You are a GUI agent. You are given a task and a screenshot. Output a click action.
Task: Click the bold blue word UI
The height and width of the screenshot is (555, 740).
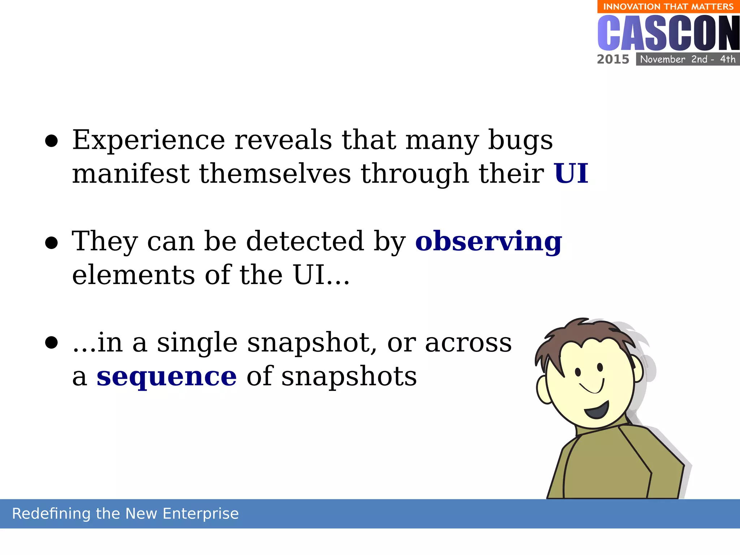point(571,174)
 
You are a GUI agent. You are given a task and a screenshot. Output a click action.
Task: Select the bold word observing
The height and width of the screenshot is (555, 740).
point(489,242)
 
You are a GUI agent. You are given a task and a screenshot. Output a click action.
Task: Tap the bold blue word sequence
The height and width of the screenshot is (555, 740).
point(167,377)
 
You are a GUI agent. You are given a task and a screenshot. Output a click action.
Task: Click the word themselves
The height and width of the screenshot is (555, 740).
point(275,174)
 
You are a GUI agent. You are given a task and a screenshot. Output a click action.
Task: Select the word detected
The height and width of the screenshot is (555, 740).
point(305,241)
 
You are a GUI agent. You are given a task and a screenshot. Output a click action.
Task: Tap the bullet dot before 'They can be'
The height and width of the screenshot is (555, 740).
point(51,243)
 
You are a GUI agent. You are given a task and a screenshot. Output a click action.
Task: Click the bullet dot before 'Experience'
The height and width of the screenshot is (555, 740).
point(51,142)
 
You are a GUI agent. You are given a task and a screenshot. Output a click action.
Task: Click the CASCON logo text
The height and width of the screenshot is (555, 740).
point(668,33)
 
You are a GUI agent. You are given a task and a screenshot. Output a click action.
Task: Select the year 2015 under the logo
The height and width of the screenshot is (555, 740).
point(613,59)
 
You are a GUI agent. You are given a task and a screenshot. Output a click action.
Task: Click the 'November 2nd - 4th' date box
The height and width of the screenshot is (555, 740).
point(688,59)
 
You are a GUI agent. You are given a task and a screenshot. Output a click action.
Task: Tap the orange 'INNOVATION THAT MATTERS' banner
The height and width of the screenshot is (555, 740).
point(668,7)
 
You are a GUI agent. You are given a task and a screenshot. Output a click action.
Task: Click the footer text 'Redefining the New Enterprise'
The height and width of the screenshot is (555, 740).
point(125,513)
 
